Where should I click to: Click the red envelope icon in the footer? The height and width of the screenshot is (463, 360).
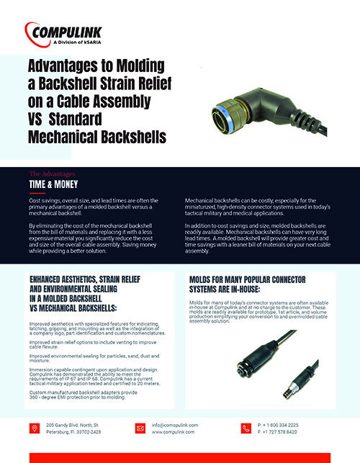click(x=140, y=428)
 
